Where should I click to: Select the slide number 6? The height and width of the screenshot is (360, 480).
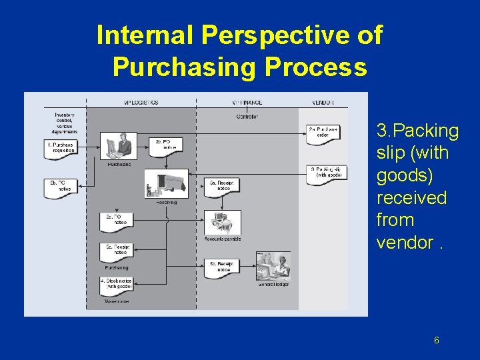click(436, 341)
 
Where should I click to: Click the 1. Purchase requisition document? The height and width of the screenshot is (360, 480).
click(61, 148)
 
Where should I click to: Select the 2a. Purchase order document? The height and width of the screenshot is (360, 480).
click(323, 133)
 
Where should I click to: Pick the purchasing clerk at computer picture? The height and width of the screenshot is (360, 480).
click(118, 145)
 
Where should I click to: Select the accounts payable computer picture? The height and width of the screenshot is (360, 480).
click(223, 222)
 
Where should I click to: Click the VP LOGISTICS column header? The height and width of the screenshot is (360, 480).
click(141, 102)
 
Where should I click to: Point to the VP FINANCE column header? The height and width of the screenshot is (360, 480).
click(246, 102)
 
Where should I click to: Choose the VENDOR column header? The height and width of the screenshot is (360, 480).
click(323, 102)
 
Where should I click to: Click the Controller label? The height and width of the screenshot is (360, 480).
click(246, 117)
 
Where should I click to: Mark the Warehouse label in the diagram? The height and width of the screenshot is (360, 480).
click(116, 302)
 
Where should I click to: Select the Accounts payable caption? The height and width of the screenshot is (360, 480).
click(222, 239)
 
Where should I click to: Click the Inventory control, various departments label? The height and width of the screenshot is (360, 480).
click(65, 123)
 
